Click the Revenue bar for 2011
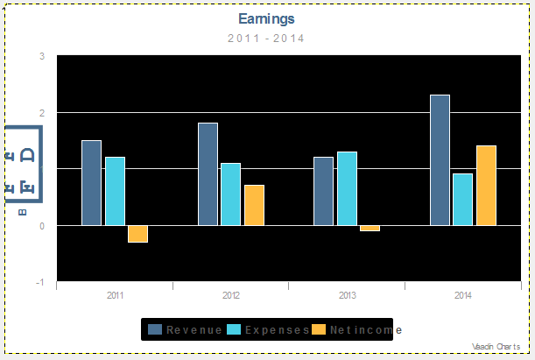tap(91, 182)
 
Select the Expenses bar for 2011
tap(115, 191)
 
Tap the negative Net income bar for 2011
tap(137, 234)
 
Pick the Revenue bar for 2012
tap(208, 173)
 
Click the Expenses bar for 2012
tap(230, 194)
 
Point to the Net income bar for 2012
tap(254, 205)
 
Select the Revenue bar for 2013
tap(323, 191)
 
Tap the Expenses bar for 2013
tap(347, 188)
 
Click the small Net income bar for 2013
tap(370, 229)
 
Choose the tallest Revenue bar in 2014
tap(440, 159)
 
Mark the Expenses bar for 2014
tap(462, 199)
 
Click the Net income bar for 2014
tap(486, 185)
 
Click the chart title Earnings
tap(266, 18)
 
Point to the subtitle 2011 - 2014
tap(266, 38)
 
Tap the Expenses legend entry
tap(267, 329)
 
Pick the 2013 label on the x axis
tap(347, 296)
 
